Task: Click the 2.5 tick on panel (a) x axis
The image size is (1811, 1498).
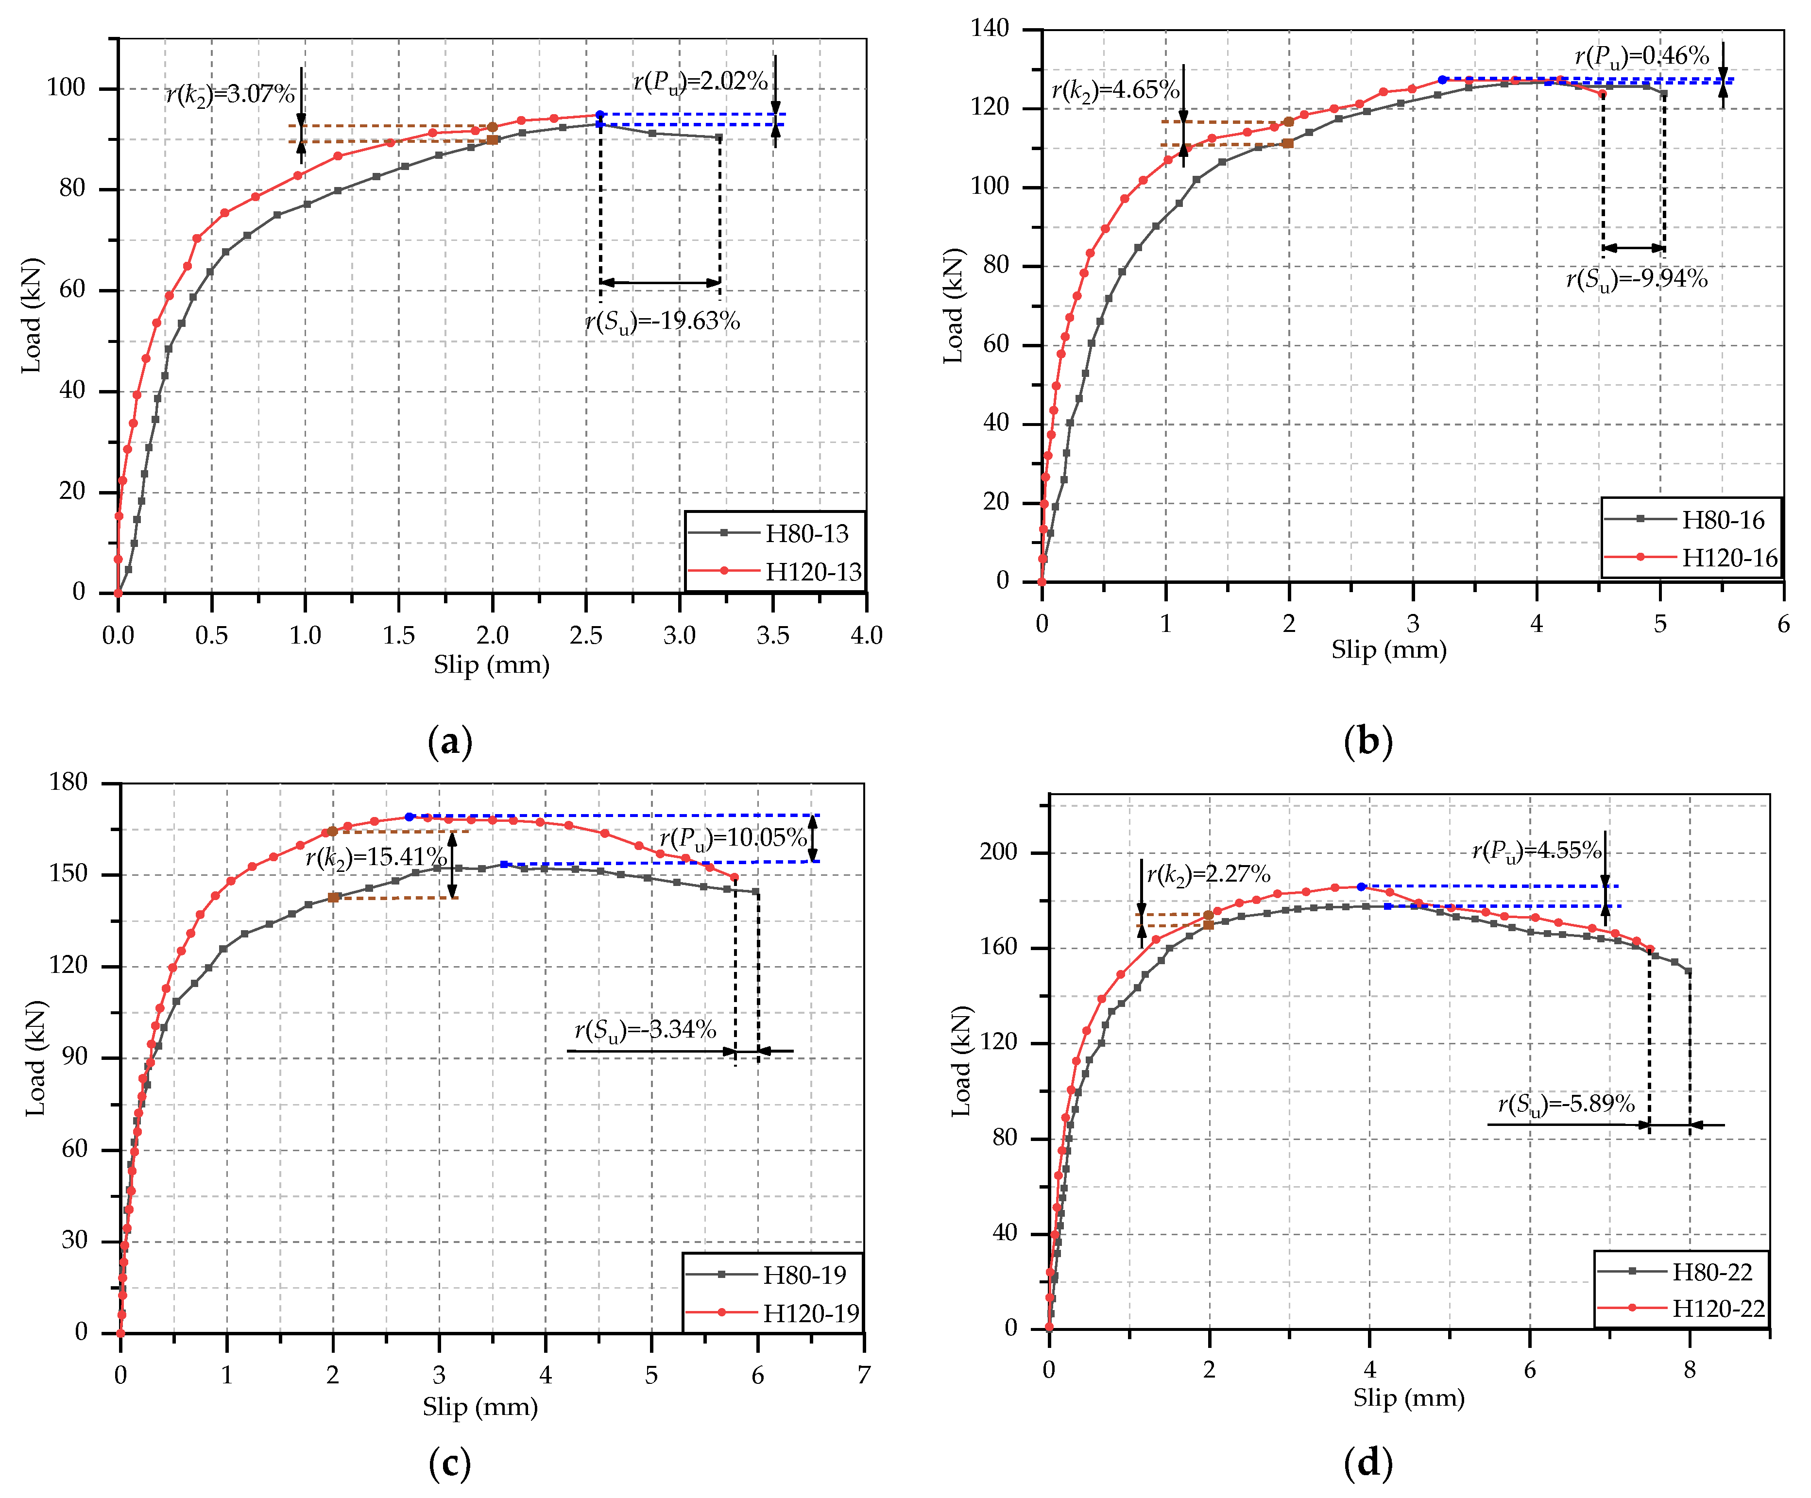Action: pyautogui.click(x=585, y=636)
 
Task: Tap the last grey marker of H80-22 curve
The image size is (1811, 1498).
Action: pyautogui.click(x=1689, y=972)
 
